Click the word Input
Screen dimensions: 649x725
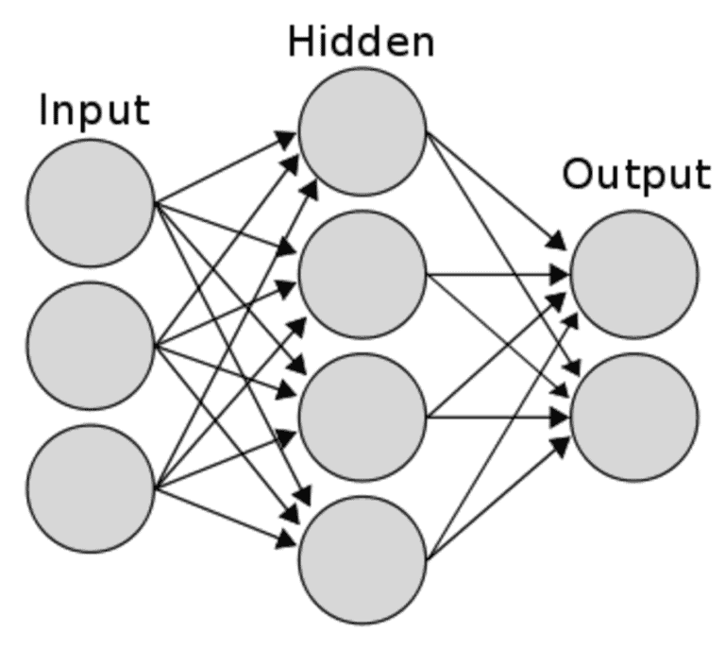pyautogui.click(x=93, y=112)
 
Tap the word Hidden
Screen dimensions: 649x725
pyautogui.click(x=362, y=43)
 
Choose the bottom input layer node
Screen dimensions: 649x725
pyautogui.click(x=91, y=487)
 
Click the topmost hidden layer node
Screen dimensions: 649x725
pyautogui.click(x=362, y=131)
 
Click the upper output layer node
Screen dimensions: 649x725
pyautogui.click(x=634, y=274)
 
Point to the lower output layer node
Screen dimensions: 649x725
pyautogui.click(x=634, y=416)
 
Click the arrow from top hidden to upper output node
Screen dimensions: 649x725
pyautogui.click(x=496, y=188)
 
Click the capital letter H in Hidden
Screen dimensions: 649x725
pyautogui.click(x=301, y=43)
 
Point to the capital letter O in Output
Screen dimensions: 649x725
pyautogui.click(x=578, y=176)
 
